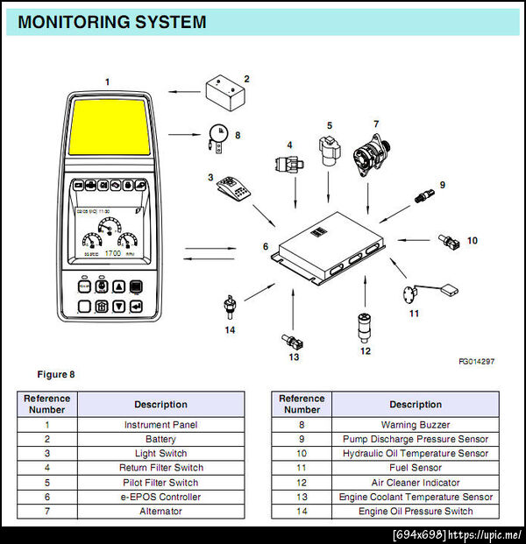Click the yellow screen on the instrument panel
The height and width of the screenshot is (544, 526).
(x=110, y=132)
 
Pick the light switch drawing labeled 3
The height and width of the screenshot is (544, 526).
(x=230, y=188)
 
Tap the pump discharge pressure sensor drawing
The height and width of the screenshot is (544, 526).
(x=425, y=193)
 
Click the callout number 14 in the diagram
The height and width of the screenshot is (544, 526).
(x=230, y=329)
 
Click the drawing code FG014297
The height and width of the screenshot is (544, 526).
(x=476, y=361)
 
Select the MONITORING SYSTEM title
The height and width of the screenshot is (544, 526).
(x=112, y=22)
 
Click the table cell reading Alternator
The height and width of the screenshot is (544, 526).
(x=160, y=511)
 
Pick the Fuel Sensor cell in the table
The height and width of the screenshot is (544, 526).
(x=416, y=468)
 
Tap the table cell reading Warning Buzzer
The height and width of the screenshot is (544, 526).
(x=416, y=424)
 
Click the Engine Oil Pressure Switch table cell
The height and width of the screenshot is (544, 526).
(x=416, y=511)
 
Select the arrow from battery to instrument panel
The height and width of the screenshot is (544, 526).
(x=184, y=90)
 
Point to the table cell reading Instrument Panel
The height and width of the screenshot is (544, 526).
(x=160, y=424)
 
